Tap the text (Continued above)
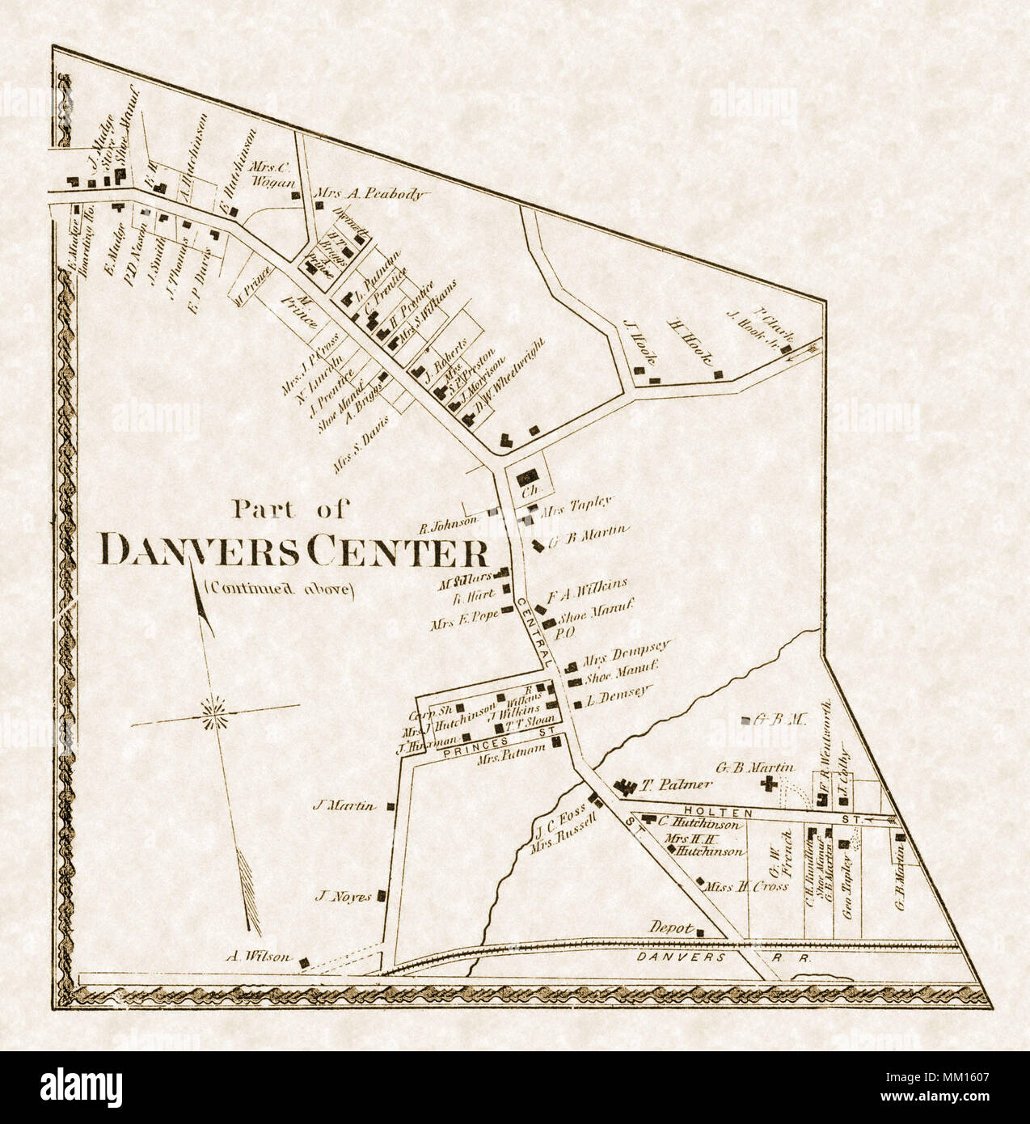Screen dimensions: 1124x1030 (x=280, y=589)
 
